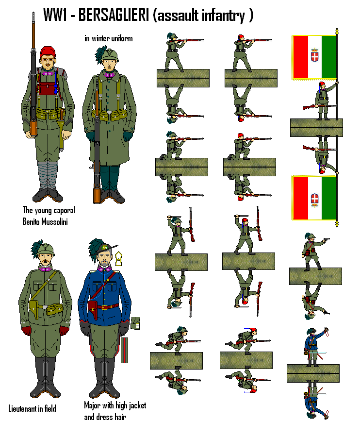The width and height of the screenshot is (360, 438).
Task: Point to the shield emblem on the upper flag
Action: click(x=314, y=57)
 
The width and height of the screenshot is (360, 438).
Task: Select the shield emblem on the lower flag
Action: click(x=314, y=198)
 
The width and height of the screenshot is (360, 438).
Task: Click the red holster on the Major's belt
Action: click(x=91, y=308)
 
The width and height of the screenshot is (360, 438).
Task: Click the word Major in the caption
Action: click(x=94, y=405)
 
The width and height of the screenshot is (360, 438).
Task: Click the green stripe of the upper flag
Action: click(x=329, y=57)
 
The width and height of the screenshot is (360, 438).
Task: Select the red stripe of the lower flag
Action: click(x=300, y=198)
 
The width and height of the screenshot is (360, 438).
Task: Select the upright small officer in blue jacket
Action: click(x=311, y=347)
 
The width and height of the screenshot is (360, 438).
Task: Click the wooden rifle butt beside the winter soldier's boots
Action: click(x=97, y=195)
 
